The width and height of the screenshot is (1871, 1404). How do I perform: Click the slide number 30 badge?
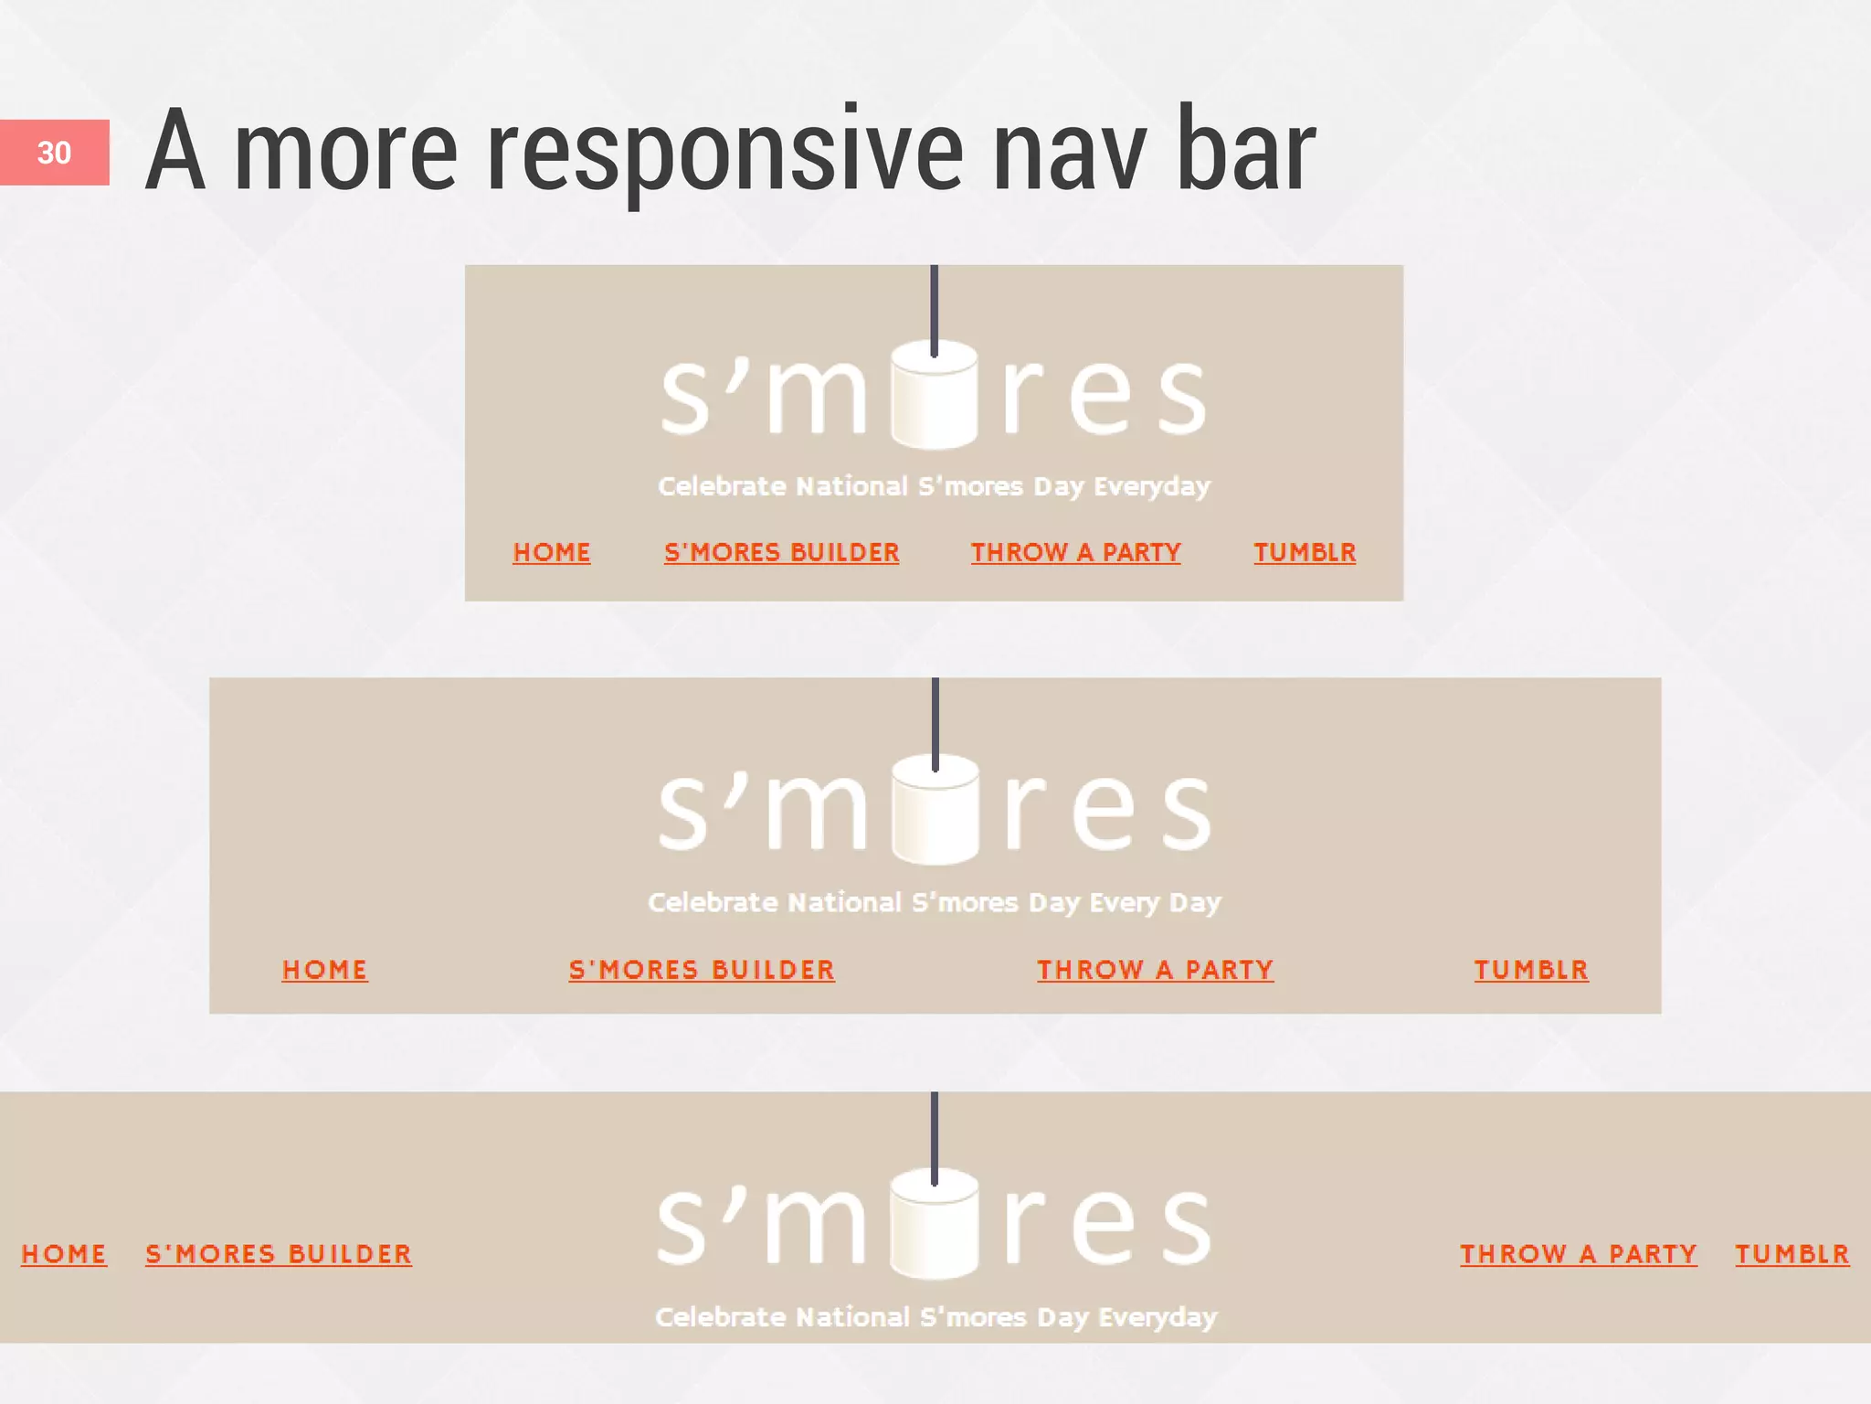tap(54, 153)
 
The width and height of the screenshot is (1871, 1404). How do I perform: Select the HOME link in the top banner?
tap(552, 552)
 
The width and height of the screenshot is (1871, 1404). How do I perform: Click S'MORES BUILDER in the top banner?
tap(782, 552)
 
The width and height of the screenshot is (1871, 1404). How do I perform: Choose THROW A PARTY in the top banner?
tap(1076, 552)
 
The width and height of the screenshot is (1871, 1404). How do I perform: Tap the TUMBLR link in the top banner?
tap(1305, 552)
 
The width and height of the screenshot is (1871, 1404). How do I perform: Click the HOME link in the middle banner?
tap(325, 970)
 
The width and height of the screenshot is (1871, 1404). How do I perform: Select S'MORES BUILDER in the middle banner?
tap(702, 970)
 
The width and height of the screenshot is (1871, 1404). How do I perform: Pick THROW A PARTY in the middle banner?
tap(1155, 970)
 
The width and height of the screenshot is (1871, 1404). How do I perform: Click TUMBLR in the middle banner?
tap(1531, 970)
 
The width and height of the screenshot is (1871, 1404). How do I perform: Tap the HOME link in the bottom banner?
tap(64, 1254)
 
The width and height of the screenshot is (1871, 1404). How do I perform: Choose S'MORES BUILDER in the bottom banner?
tap(279, 1254)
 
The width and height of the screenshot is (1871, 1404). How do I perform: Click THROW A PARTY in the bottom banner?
tap(1579, 1254)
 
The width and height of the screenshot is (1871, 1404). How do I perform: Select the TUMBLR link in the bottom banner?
tap(1792, 1254)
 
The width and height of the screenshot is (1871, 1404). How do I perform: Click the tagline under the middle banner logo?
tap(935, 903)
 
